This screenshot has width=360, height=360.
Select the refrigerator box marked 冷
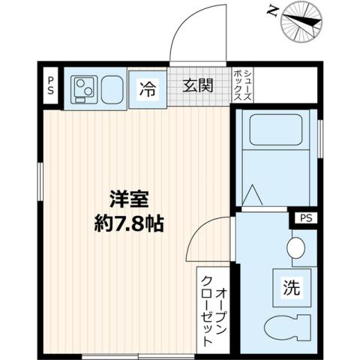tap(147, 88)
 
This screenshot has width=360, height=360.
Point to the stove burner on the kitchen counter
tap(84, 88)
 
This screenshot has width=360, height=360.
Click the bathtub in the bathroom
tap(274, 132)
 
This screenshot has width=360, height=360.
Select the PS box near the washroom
tap(304, 218)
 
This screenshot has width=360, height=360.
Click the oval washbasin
tap(297, 247)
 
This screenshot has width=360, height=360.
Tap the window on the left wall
tap(39, 178)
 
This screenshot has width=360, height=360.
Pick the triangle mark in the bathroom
tap(253, 196)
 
